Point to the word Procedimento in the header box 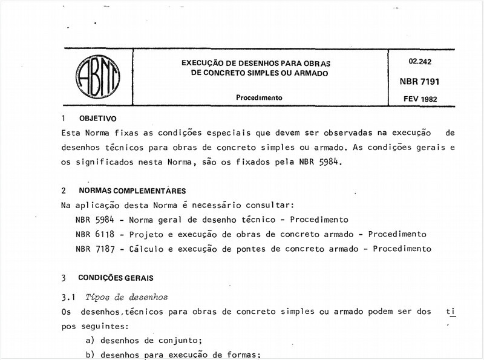260,97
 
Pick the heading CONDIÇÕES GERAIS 116,278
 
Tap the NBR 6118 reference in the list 92,234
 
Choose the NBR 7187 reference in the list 92,249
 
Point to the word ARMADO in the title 309,73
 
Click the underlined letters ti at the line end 450,312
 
